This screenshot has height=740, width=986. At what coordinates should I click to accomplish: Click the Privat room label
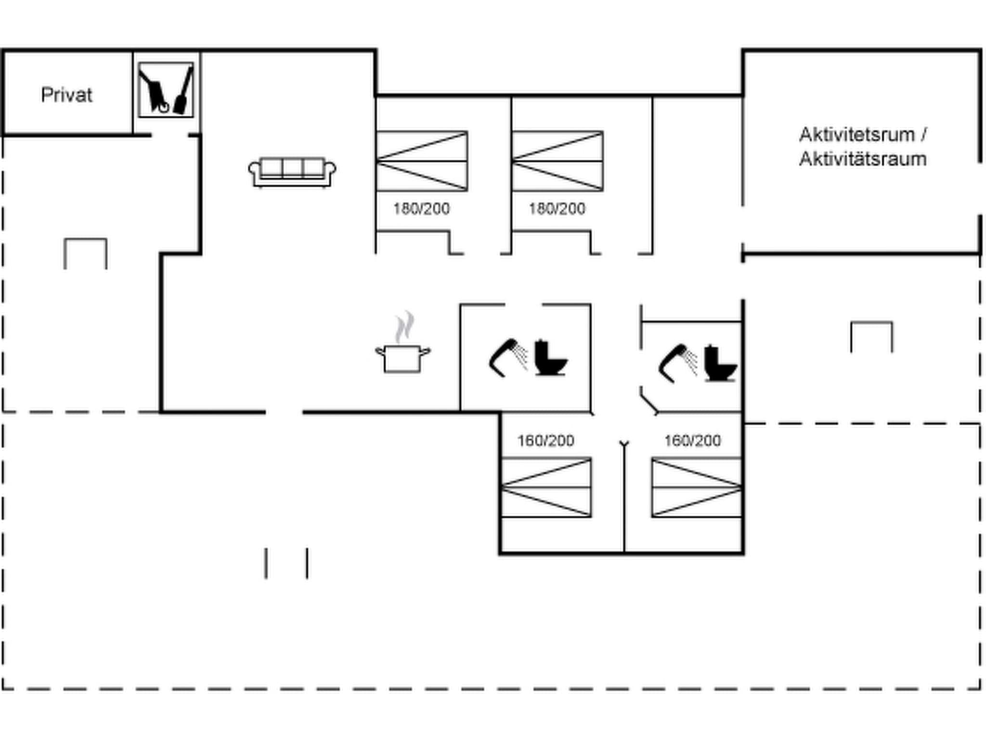66,95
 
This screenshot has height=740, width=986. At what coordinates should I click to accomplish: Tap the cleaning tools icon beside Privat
166,90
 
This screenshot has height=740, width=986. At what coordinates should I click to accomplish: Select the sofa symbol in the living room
292,172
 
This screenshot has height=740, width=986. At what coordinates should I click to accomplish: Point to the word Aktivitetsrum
856,135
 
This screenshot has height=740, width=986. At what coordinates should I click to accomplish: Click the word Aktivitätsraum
863,159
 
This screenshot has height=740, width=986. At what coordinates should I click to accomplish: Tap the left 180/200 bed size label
421,209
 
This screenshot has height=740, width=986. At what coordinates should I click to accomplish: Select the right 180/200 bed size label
557,209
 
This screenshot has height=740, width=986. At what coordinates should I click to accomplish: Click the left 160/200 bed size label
545,441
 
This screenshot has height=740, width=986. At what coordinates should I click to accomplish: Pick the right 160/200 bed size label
692,441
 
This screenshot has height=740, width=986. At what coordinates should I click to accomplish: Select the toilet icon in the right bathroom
719,363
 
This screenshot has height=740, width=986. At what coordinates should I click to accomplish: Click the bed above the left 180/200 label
422,161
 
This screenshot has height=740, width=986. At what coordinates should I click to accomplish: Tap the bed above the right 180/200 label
558,161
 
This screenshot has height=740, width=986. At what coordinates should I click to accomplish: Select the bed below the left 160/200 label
546,488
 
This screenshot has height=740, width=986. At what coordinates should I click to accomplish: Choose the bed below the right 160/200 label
696,488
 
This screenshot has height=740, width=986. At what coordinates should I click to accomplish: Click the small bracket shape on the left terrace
85,252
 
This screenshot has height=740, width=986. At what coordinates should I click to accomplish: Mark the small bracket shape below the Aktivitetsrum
871,336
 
